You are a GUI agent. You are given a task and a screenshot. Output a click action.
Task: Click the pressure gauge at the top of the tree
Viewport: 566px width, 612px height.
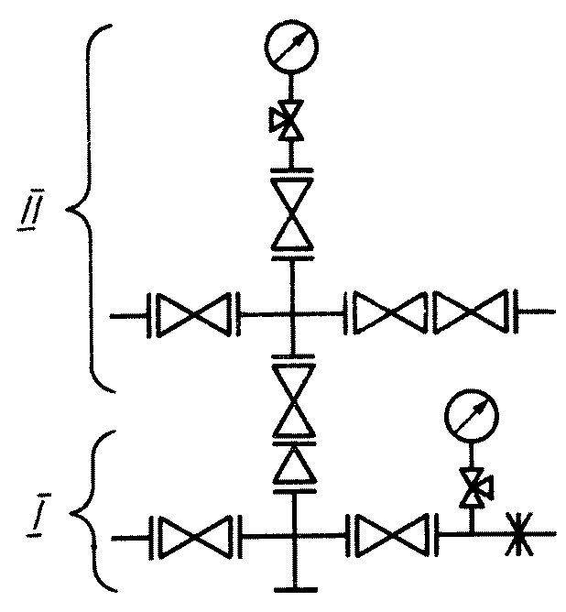[x=291, y=46]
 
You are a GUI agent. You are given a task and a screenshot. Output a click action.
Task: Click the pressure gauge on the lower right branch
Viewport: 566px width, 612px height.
[x=472, y=416]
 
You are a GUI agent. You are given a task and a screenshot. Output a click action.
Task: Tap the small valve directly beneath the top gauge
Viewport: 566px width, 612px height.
[x=288, y=119]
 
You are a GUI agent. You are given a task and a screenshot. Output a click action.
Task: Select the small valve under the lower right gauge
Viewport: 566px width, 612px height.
[x=475, y=487]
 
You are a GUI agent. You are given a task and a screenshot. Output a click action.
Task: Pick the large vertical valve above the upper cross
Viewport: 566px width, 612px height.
[x=292, y=213]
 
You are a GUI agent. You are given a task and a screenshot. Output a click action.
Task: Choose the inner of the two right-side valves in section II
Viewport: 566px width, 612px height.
[x=388, y=313]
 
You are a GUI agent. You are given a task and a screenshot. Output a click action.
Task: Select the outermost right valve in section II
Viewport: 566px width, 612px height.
[x=472, y=311]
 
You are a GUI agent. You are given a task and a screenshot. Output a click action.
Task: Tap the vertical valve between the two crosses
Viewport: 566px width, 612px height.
[x=294, y=400]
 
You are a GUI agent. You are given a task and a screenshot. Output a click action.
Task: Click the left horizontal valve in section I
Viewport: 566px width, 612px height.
[x=196, y=538]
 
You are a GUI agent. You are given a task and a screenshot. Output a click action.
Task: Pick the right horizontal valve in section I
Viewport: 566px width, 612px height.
[x=392, y=535]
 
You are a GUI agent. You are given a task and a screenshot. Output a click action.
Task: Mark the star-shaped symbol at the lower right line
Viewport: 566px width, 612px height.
[x=518, y=534]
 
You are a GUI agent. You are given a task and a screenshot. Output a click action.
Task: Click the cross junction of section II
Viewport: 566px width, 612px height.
[x=291, y=314]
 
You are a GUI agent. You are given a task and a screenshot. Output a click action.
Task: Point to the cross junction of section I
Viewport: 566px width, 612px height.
[x=294, y=536]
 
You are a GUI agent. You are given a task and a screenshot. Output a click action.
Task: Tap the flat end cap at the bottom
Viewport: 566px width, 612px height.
[x=296, y=590]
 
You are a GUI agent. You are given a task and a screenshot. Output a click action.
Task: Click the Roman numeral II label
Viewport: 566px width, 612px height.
[x=31, y=210]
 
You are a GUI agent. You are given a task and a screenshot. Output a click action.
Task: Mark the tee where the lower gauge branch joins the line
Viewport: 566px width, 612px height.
[x=473, y=533]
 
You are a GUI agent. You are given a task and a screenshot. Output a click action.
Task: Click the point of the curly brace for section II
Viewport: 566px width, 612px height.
[x=67, y=210]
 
